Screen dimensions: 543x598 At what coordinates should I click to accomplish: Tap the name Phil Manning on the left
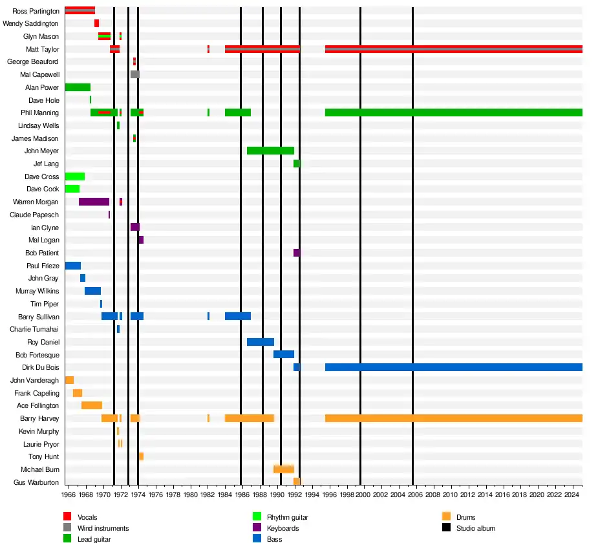(x=39, y=112)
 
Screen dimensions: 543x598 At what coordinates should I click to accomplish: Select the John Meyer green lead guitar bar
(x=270, y=151)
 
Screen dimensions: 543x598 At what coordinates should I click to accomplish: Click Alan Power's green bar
(x=78, y=87)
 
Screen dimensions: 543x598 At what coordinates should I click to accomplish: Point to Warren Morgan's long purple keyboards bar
(x=94, y=202)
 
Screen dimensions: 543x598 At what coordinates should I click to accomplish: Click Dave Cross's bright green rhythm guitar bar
(x=74, y=176)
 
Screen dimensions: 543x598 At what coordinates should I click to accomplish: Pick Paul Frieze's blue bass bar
(x=72, y=266)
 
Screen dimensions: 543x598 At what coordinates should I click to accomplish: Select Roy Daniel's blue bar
(x=260, y=342)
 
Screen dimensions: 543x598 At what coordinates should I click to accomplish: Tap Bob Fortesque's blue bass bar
(x=283, y=354)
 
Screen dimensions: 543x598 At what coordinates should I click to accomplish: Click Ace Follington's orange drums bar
(x=91, y=405)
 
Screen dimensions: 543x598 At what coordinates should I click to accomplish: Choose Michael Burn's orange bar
(x=283, y=469)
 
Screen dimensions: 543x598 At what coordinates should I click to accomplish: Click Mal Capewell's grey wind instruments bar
(x=134, y=74)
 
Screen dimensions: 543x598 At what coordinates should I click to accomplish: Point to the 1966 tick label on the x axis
(x=69, y=495)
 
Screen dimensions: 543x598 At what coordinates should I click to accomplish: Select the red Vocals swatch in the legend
(x=67, y=516)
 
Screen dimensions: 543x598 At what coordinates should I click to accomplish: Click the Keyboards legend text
(x=283, y=528)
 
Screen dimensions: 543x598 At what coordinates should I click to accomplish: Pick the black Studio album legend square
(x=446, y=527)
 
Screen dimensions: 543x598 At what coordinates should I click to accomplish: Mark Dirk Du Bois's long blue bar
(x=453, y=367)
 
